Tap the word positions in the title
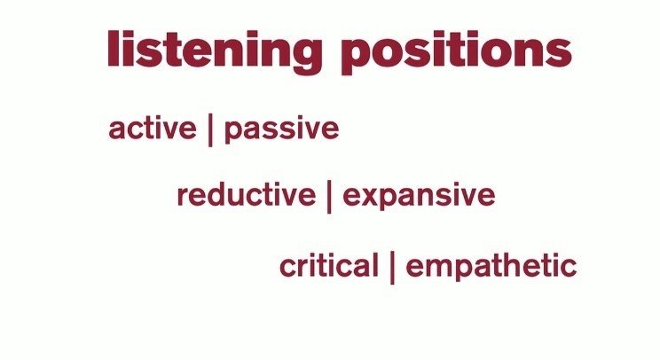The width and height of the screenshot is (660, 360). [456, 51]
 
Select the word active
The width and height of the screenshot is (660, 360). [152, 128]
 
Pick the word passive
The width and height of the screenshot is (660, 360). [281, 129]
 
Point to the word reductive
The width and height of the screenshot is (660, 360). [246, 195]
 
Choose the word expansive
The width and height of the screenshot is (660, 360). [419, 196]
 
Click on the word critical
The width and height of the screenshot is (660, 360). [328, 265]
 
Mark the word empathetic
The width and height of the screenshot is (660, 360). [491, 266]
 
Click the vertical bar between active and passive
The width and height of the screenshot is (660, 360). [210, 129]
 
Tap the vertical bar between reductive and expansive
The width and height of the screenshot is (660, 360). [329, 196]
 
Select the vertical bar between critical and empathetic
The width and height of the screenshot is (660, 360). [392, 266]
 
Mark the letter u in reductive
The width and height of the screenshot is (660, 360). [236, 196]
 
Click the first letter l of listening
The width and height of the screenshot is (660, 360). [113, 49]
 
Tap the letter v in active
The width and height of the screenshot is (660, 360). [169, 129]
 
